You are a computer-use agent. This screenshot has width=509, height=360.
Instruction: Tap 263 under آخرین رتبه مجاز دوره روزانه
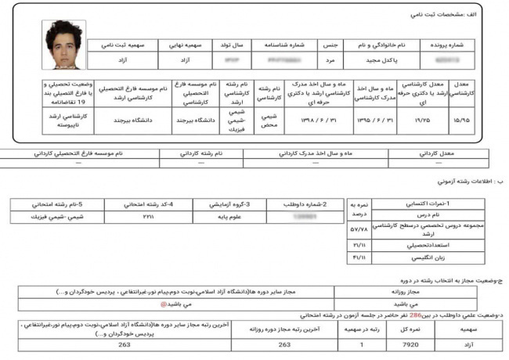pos(284,344)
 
